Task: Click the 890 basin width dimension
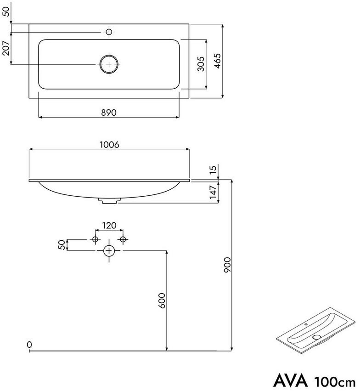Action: (x=109, y=113)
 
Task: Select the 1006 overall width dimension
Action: (x=109, y=145)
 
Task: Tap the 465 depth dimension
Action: (x=217, y=61)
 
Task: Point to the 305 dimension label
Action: (x=201, y=64)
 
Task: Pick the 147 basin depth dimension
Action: (x=213, y=192)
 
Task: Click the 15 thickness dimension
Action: (x=213, y=170)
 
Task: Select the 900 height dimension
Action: (x=227, y=265)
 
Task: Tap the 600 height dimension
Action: (x=162, y=300)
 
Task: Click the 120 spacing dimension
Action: (x=109, y=226)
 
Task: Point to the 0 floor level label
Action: (x=29, y=345)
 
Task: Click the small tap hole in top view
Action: (x=109, y=32)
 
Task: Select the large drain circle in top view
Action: (x=109, y=64)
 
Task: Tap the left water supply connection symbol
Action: (x=95, y=239)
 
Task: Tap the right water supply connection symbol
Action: (x=123, y=239)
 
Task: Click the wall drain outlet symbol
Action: (x=109, y=250)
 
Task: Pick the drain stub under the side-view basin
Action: (x=109, y=201)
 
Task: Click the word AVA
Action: (x=291, y=381)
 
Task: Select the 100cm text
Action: (x=335, y=382)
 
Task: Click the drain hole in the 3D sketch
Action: (x=317, y=337)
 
